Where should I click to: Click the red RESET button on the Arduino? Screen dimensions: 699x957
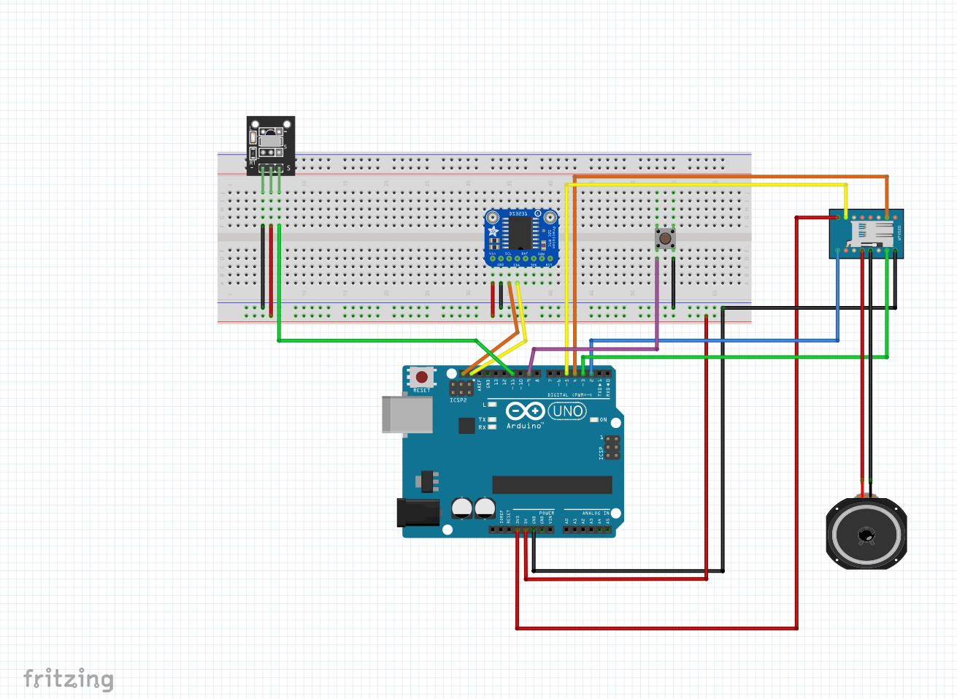[421, 377]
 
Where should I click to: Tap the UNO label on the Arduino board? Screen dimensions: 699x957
[567, 411]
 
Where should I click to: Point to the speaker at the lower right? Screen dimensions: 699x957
[866, 534]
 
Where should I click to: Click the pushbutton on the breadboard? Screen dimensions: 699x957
[664, 238]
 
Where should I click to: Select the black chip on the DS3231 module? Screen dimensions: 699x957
[520, 233]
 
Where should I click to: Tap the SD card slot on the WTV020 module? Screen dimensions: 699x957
[869, 234]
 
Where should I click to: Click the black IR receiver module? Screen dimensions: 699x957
[271, 142]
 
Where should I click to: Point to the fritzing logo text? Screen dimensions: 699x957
[69, 679]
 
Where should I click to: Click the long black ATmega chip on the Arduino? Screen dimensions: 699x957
[552, 485]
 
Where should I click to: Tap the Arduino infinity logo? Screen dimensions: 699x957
[525, 411]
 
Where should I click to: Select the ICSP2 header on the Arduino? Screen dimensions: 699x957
[460, 387]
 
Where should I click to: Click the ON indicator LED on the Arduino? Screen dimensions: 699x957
[594, 420]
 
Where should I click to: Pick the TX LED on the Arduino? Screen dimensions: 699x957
[492, 420]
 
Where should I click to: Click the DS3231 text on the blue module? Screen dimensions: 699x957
[518, 213]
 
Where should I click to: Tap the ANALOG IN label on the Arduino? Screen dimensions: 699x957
[595, 513]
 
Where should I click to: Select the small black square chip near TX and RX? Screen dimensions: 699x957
[466, 425]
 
